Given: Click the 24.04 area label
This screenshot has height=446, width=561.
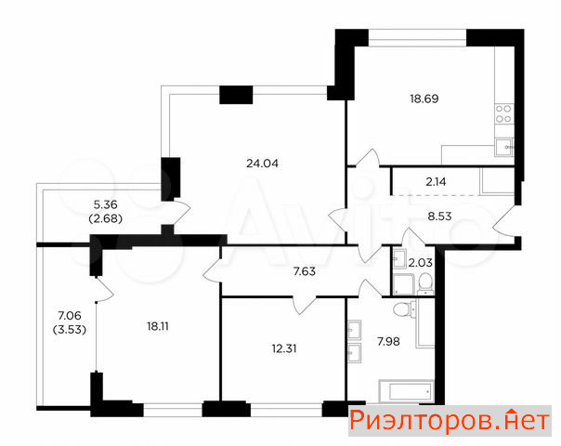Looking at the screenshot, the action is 262,164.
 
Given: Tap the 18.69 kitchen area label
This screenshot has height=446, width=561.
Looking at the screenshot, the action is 424,98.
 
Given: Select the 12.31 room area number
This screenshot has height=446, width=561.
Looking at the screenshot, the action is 284,348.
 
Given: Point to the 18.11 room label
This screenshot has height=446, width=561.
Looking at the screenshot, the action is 158,326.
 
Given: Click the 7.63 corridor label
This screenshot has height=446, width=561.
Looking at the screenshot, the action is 305,271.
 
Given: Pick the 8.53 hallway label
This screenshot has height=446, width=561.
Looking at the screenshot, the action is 439,216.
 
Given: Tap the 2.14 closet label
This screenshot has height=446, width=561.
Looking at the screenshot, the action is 437,182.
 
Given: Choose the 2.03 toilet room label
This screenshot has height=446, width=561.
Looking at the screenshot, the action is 421,263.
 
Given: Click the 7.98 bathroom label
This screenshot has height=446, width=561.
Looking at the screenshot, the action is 388,342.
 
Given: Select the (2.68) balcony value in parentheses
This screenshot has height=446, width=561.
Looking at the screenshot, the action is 106,218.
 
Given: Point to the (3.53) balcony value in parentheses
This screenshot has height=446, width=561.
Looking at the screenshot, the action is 70,329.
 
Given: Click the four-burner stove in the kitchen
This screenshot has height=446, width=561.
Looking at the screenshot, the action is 503,114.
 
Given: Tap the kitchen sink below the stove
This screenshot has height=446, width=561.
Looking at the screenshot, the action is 504,148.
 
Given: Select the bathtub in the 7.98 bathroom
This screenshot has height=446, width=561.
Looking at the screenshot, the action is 406,391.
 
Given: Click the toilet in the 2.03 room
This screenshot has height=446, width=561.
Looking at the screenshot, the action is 425,283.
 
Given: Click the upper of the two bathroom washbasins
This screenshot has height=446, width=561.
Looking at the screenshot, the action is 354,329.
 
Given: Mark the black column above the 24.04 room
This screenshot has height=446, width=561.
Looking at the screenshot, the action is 236,95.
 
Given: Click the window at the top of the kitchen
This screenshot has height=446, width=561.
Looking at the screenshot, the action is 418,38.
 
